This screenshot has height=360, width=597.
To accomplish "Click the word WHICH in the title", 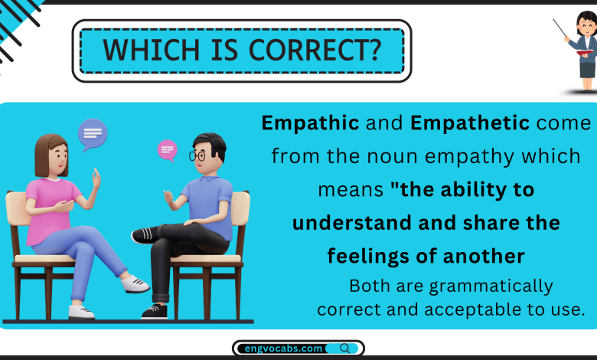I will (x=141, y=50).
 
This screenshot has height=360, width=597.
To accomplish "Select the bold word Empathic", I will (x=300, y=123).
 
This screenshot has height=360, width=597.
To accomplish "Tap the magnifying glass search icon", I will (x=344, y=349).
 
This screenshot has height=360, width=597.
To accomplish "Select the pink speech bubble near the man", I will (x=167, y=149).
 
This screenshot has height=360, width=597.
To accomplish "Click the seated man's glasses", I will (x=197, y=155).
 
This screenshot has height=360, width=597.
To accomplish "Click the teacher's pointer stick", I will (x=562, y=30).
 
